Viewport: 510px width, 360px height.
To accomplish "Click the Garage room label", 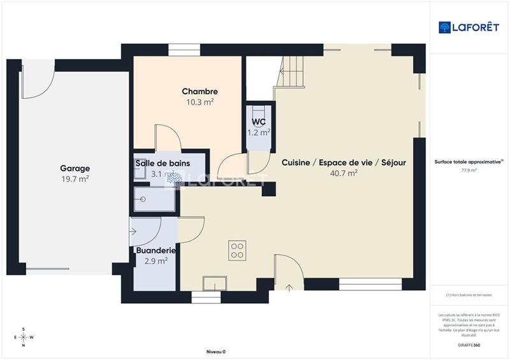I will (75, 168).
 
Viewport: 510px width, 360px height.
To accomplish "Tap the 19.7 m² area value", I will (75, 179).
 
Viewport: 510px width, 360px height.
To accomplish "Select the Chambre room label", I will (200, 92).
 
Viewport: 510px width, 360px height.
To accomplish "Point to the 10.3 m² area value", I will (200, 102).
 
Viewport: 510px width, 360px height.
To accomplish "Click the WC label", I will (259, 122).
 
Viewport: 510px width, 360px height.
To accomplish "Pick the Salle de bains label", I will (162, 164).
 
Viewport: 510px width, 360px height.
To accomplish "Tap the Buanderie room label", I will (156, 250).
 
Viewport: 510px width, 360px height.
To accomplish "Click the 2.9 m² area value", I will (155, 261).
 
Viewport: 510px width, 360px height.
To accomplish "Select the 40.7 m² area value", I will (344, 173).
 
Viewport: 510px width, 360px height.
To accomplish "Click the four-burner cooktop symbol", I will (238, 250).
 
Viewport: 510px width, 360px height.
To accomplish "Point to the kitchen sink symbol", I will (215, 283).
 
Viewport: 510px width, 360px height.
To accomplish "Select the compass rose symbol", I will (24, 337).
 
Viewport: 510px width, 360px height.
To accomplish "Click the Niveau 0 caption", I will (216, 352).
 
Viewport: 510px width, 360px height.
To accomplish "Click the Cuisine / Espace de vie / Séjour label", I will (344, 162).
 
